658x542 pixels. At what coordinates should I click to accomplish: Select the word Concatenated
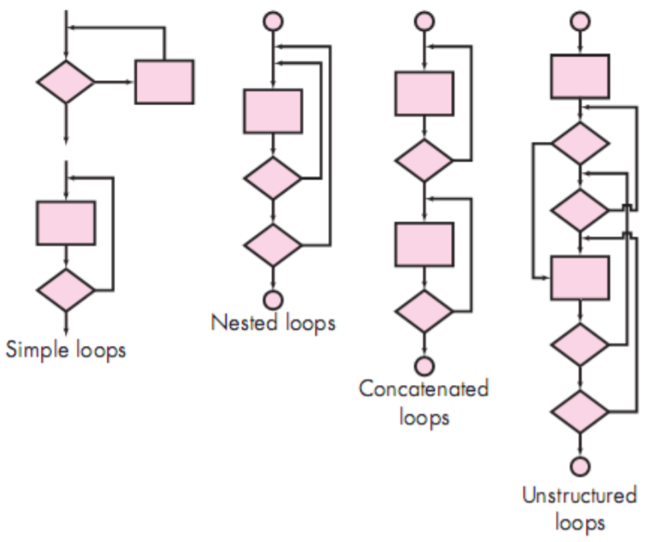tap(424, 389)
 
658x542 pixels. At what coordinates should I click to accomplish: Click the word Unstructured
tap(580, 495)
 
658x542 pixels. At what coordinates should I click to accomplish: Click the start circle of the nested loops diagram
tap(273, 18)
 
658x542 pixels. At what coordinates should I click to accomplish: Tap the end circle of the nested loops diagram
tap(273, 299)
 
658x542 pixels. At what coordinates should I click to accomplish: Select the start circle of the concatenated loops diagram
tap(424, 18)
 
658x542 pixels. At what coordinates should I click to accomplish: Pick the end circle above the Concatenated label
tap(424, 365)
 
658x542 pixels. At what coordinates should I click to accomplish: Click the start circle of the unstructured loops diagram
tap(580, 18)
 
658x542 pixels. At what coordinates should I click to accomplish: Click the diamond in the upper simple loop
tap(66, 83)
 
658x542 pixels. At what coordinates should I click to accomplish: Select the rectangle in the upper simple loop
tap(164, 82)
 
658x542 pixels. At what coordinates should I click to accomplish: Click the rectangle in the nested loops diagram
tap(273, 112)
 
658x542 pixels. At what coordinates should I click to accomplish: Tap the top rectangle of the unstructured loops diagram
tap(580, 76)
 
